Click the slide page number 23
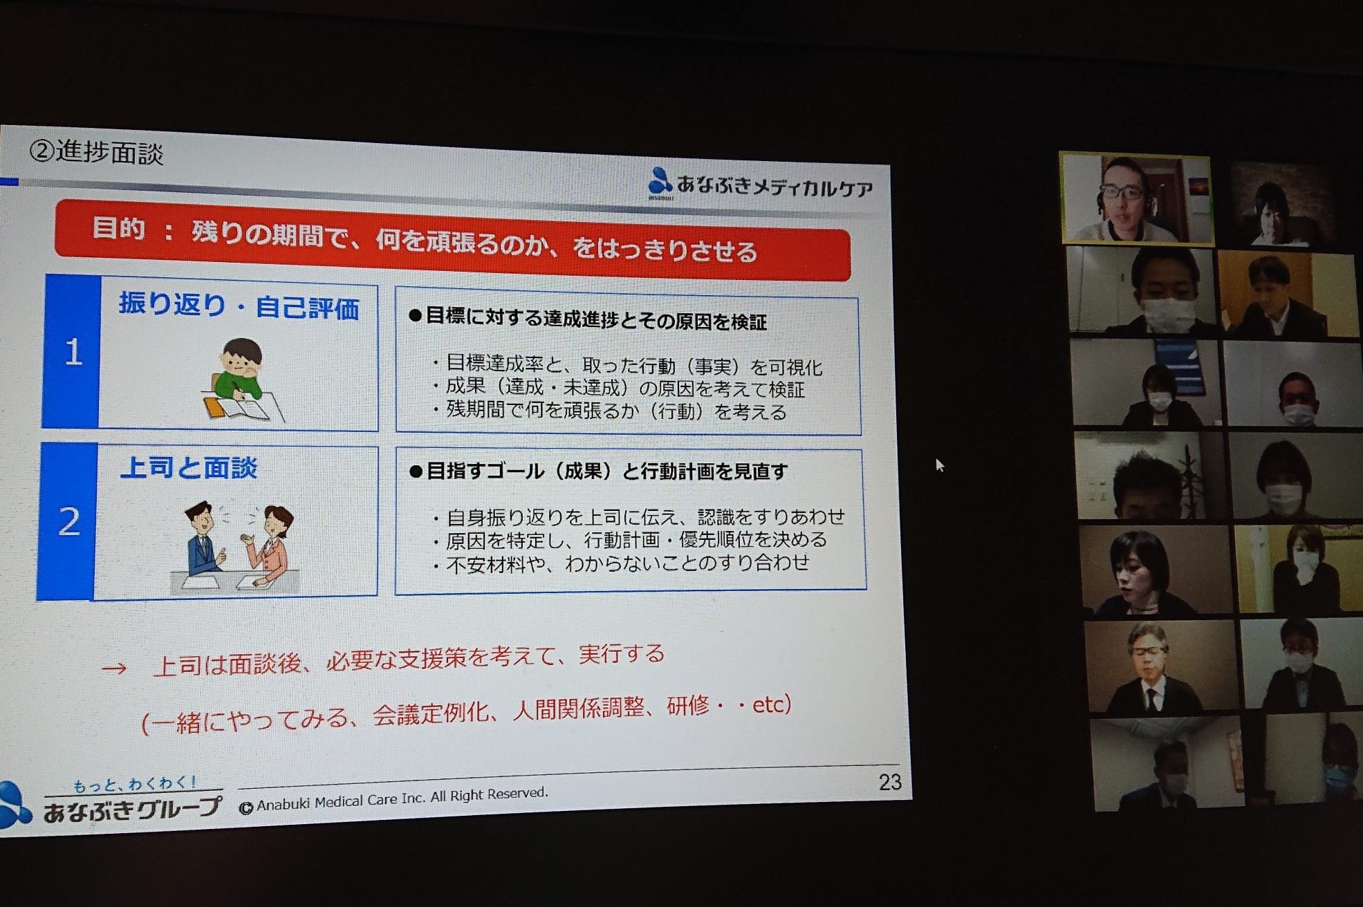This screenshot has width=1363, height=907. (x=890, y=782)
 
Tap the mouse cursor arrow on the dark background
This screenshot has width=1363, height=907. (x=940, y=465)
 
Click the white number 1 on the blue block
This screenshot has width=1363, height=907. (x=73, y=353)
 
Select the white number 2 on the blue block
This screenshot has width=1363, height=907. (x=69, y=521)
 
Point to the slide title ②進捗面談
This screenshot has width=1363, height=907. (x=96, y=152)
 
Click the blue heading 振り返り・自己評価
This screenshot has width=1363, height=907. (x=239, y=306)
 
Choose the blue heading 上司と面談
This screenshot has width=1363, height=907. (x=189, y=468)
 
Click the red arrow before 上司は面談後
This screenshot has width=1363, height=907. (x=114, y=668)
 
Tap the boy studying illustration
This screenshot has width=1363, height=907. (x=242, y=380)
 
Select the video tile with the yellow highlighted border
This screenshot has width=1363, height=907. (x=1136, y=198)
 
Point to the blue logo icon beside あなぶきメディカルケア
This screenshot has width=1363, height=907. (x=660, y=181)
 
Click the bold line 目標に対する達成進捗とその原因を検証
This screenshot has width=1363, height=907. (x=588, y=319)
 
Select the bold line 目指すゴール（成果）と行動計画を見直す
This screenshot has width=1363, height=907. (x=599, y=471)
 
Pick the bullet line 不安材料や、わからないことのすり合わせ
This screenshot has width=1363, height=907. (x=621, y=563)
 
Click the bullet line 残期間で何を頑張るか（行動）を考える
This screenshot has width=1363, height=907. (x=610, y=411)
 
